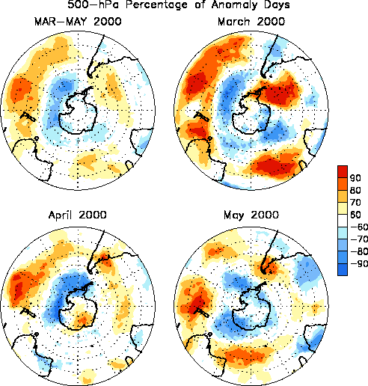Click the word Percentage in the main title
pos(156,5)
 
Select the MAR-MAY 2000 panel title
pos(78,22)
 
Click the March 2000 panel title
pos(251,22)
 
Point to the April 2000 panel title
pos(78,215)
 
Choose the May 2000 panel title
pos(251,215)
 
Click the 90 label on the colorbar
pos(355,178)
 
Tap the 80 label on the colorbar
pos(355,190)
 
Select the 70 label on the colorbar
pos(355,202)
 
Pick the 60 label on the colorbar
pos(355,215)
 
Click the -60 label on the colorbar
pos(359,227)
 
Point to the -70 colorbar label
pos(359,239)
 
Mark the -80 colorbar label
pos(359,251)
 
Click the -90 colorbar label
pos(359,263)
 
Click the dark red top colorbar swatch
pos(343,171)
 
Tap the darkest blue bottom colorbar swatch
pos(343,269)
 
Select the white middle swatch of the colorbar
pos(343,221)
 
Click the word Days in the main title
pos(276,5)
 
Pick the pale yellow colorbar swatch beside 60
pos(343,208)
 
